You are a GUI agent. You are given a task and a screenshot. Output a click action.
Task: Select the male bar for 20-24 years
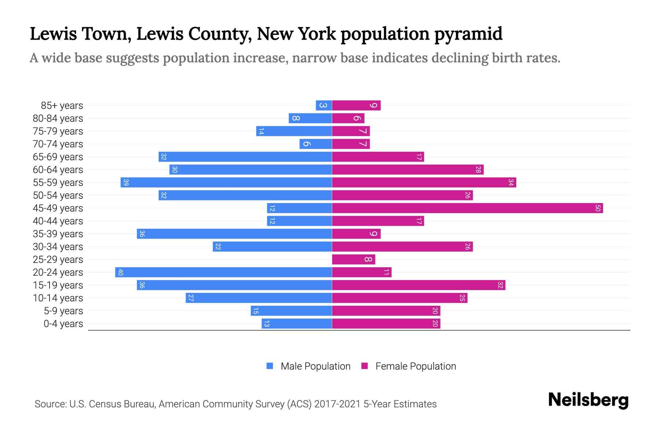[224, 272]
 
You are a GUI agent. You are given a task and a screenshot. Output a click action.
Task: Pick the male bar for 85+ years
[324, 106]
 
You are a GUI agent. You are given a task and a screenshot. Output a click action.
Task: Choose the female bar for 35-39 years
[356, 234]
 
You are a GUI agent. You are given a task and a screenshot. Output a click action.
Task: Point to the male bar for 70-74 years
[316, 144]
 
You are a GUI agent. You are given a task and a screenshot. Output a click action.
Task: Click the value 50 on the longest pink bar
[598, 208]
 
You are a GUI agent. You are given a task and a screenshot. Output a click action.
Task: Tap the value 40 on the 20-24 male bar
[120, 272]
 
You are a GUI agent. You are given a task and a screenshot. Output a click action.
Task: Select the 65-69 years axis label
[58, 157]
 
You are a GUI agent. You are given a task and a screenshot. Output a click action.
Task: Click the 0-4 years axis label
[63, 324]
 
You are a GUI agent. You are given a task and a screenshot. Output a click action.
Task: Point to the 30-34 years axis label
[58, 247]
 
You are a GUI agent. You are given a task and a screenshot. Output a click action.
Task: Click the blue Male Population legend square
[270, 366]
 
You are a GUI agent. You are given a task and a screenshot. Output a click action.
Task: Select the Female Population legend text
[415, 366]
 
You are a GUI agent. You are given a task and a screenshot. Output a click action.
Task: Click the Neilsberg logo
[588, 400]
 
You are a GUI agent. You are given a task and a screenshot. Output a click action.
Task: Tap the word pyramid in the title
[468, 34]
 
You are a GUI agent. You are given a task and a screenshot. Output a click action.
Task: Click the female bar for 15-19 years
[418, 285]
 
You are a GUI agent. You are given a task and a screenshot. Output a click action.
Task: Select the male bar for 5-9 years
[291, 311]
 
